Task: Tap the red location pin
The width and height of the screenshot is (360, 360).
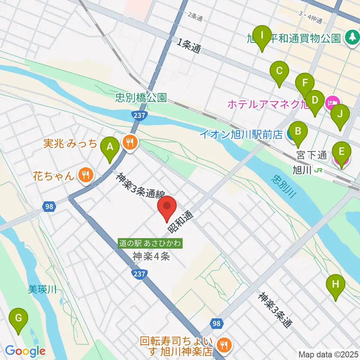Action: [x=167, y=209]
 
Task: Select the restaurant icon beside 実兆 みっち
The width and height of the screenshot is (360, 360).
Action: [x=130, y=142]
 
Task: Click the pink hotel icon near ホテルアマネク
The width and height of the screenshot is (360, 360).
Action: [x=333, y=102]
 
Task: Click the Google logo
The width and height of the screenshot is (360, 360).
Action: [x=25, y=351]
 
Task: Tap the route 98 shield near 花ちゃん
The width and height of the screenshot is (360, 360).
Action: [x=48, y=207]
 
